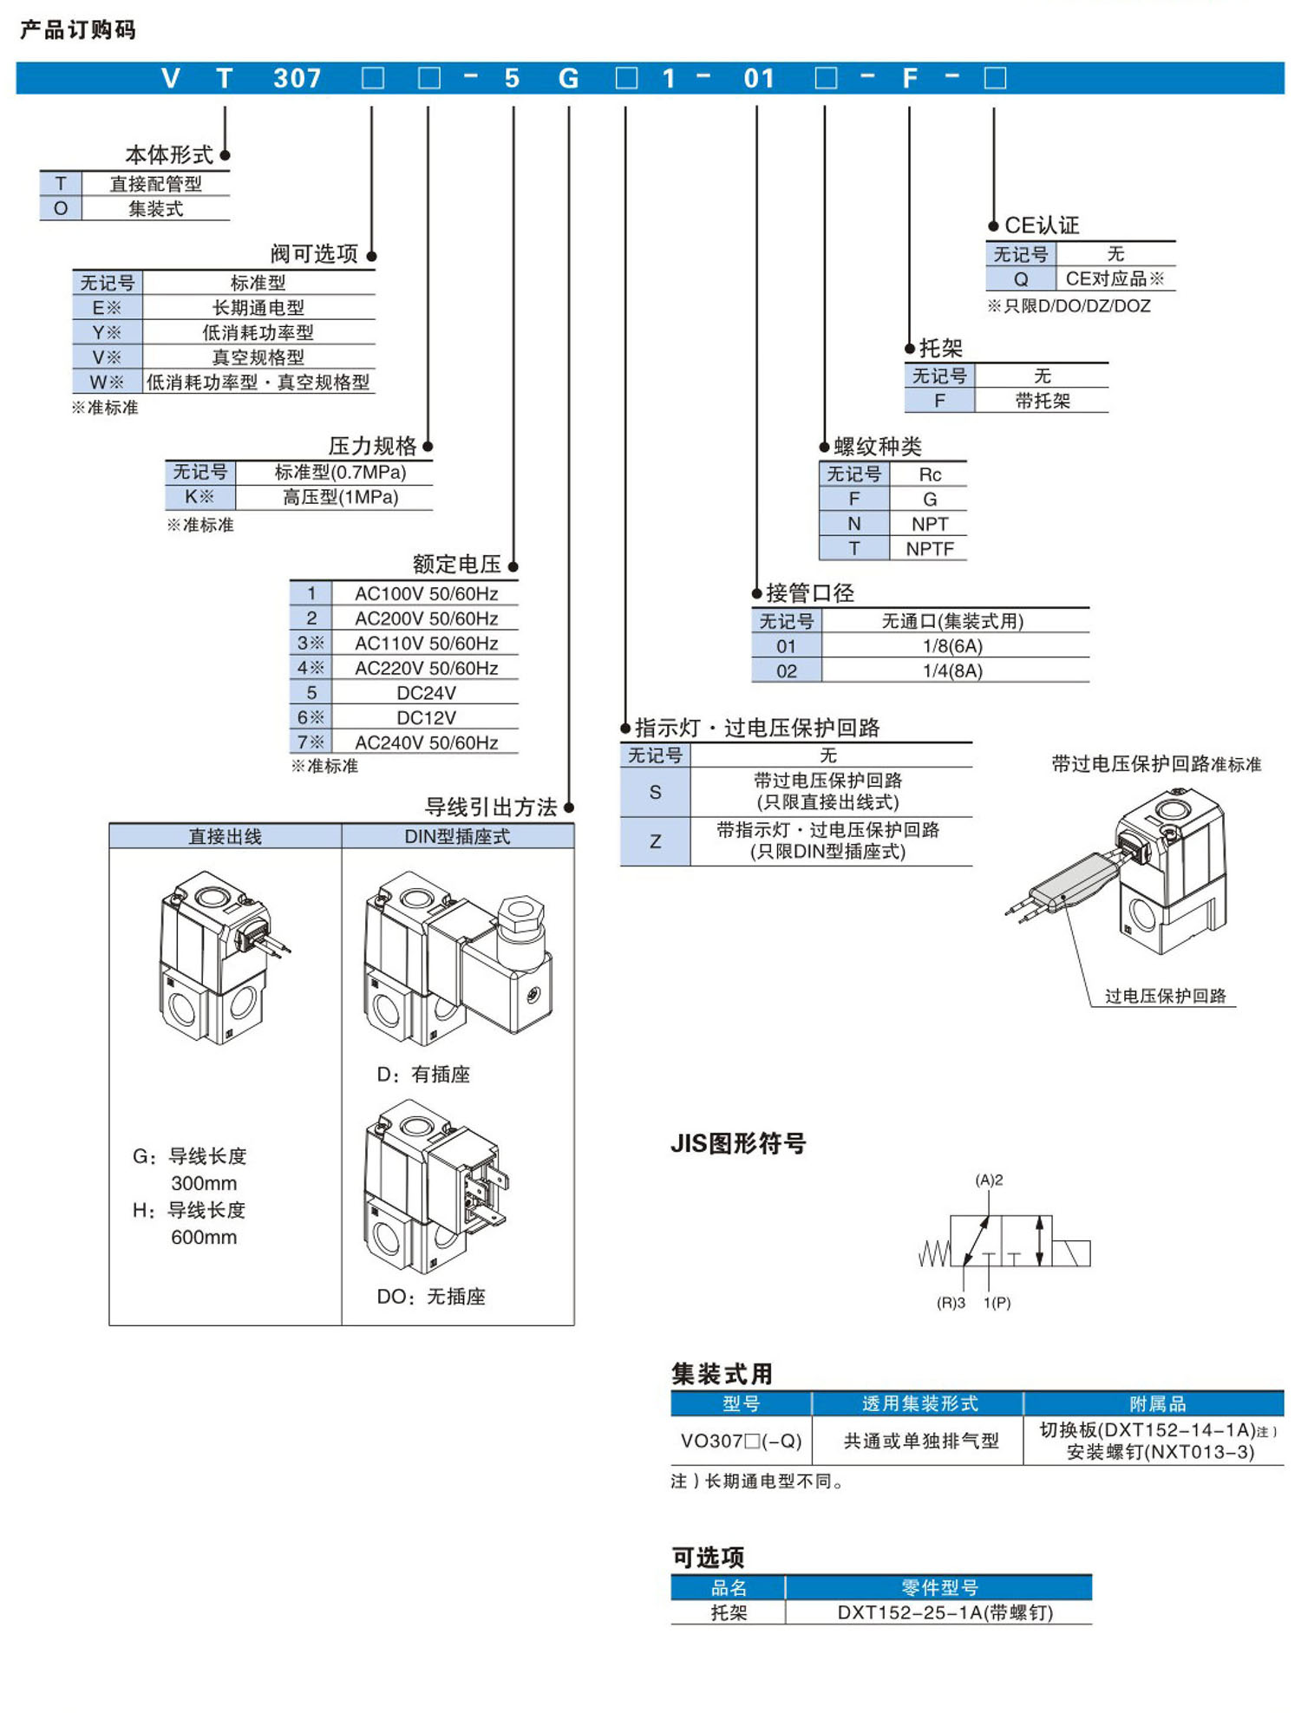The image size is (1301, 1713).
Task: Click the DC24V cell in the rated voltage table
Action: (426, 693)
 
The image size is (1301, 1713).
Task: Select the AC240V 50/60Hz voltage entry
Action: (426, 742)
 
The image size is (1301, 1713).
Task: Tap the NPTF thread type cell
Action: (929, 548)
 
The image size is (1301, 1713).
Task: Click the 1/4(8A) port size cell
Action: (952, 670)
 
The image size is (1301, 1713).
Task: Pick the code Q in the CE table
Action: (1021, 279)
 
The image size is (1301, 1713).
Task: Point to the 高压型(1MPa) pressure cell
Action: (340, 497)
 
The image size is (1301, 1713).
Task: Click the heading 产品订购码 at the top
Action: (78, 30)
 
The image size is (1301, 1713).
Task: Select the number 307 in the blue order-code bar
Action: (297, 79)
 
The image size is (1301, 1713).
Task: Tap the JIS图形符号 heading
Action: (738, 1143)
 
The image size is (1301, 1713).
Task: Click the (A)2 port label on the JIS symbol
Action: (989, 1180)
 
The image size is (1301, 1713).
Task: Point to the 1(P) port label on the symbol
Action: (997, 1303)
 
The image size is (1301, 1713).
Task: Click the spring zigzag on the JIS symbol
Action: (934, 1253)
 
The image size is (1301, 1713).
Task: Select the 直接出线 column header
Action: (225, 836)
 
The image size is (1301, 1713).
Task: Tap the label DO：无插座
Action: (431, 1296)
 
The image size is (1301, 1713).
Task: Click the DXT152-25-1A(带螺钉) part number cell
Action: (945, 1612)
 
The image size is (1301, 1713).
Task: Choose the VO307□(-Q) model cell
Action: (741, 1441)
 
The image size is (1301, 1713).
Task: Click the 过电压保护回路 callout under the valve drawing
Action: (1165, 996)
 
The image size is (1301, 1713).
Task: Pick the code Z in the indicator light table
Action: (655, 841)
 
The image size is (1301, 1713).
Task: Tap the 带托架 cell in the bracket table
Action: (1043, 401)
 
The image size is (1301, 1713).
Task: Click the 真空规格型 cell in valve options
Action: (258, 357)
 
